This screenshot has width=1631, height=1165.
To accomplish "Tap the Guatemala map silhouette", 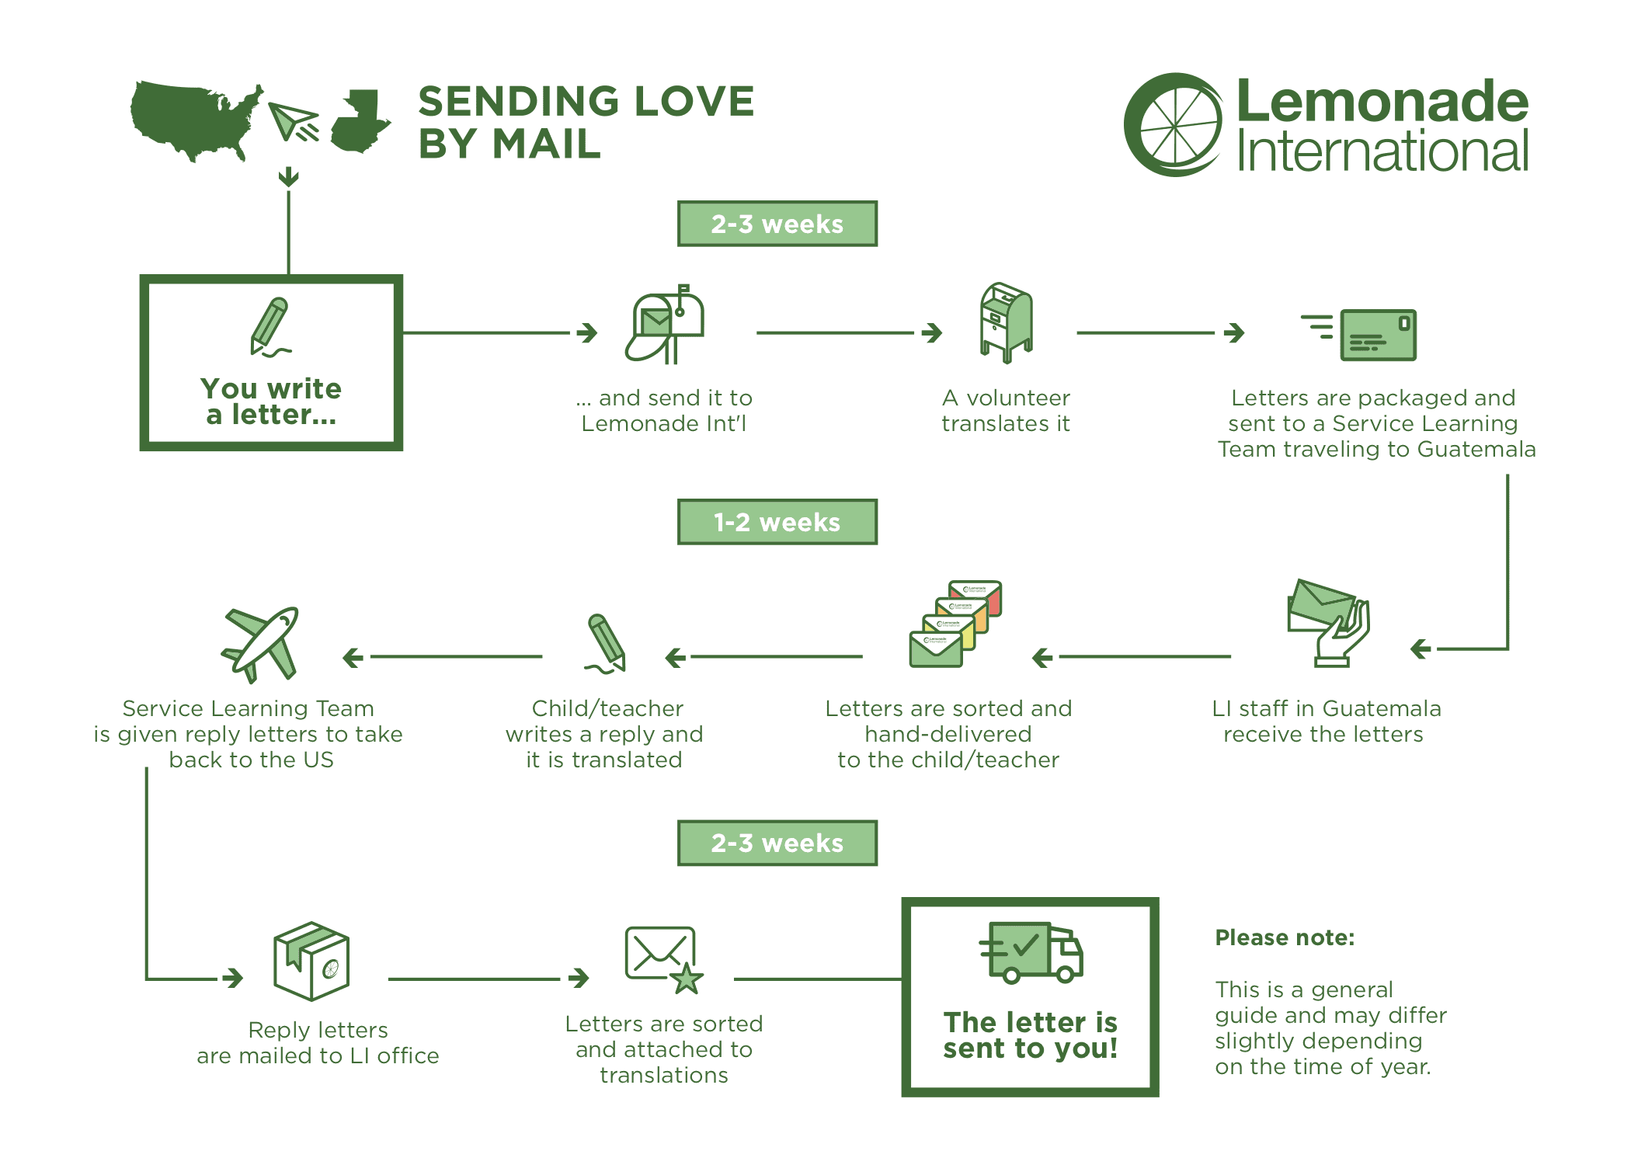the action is pos(359,122).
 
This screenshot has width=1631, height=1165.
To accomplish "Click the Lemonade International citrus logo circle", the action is pos(1173,125).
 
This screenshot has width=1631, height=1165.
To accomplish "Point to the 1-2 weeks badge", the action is pos(777,522).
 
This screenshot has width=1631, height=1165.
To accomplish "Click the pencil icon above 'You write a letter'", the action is pos(270,327).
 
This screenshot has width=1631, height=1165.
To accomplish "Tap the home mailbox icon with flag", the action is pos(665,324).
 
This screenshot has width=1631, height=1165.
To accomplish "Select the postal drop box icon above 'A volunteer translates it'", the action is pos(1007,322).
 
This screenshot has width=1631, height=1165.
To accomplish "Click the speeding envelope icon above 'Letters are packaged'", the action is pos(1359,335).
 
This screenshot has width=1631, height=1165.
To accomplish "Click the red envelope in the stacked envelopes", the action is pos(976,597).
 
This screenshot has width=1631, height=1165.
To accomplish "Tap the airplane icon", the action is pos(261,644).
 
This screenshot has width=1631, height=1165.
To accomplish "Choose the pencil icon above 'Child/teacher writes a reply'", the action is pos(606,644).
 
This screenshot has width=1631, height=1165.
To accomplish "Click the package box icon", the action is pos(311,961).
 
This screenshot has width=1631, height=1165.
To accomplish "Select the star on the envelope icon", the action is pos(687,978).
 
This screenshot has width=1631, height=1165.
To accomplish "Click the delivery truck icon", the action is pos(1031,952).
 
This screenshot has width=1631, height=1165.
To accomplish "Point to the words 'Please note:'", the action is pos(1285,937).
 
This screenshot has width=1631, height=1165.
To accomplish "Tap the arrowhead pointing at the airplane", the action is pos(353,658).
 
